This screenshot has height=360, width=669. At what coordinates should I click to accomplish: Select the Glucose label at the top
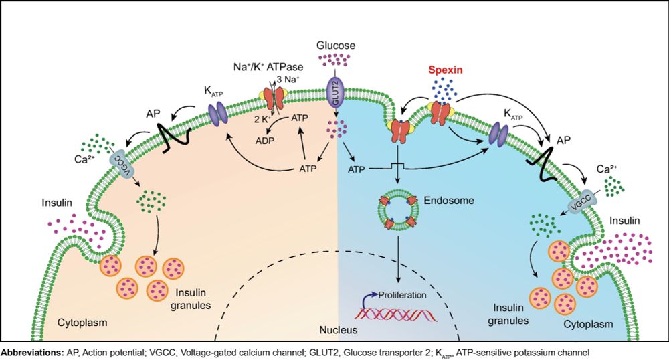click(335, 46)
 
